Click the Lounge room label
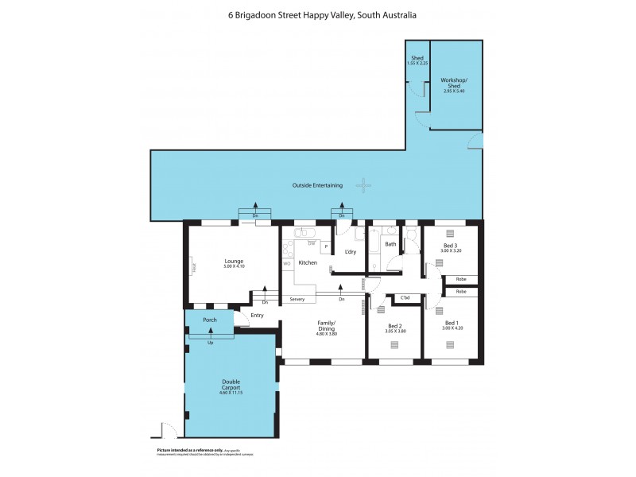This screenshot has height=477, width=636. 233,262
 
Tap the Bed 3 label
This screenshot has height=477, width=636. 450,246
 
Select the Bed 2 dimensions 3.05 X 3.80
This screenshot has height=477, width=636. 395,332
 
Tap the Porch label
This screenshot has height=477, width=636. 210,320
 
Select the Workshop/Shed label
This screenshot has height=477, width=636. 453,83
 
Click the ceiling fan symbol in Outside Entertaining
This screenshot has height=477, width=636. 363,186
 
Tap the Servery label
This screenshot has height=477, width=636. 297,300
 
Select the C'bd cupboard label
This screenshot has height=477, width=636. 405,298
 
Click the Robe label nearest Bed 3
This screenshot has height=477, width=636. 460,279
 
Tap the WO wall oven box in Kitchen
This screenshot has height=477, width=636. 286,263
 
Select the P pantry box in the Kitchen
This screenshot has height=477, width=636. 325,247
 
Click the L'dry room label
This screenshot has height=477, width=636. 350,252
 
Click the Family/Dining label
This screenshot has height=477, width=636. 328,327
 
